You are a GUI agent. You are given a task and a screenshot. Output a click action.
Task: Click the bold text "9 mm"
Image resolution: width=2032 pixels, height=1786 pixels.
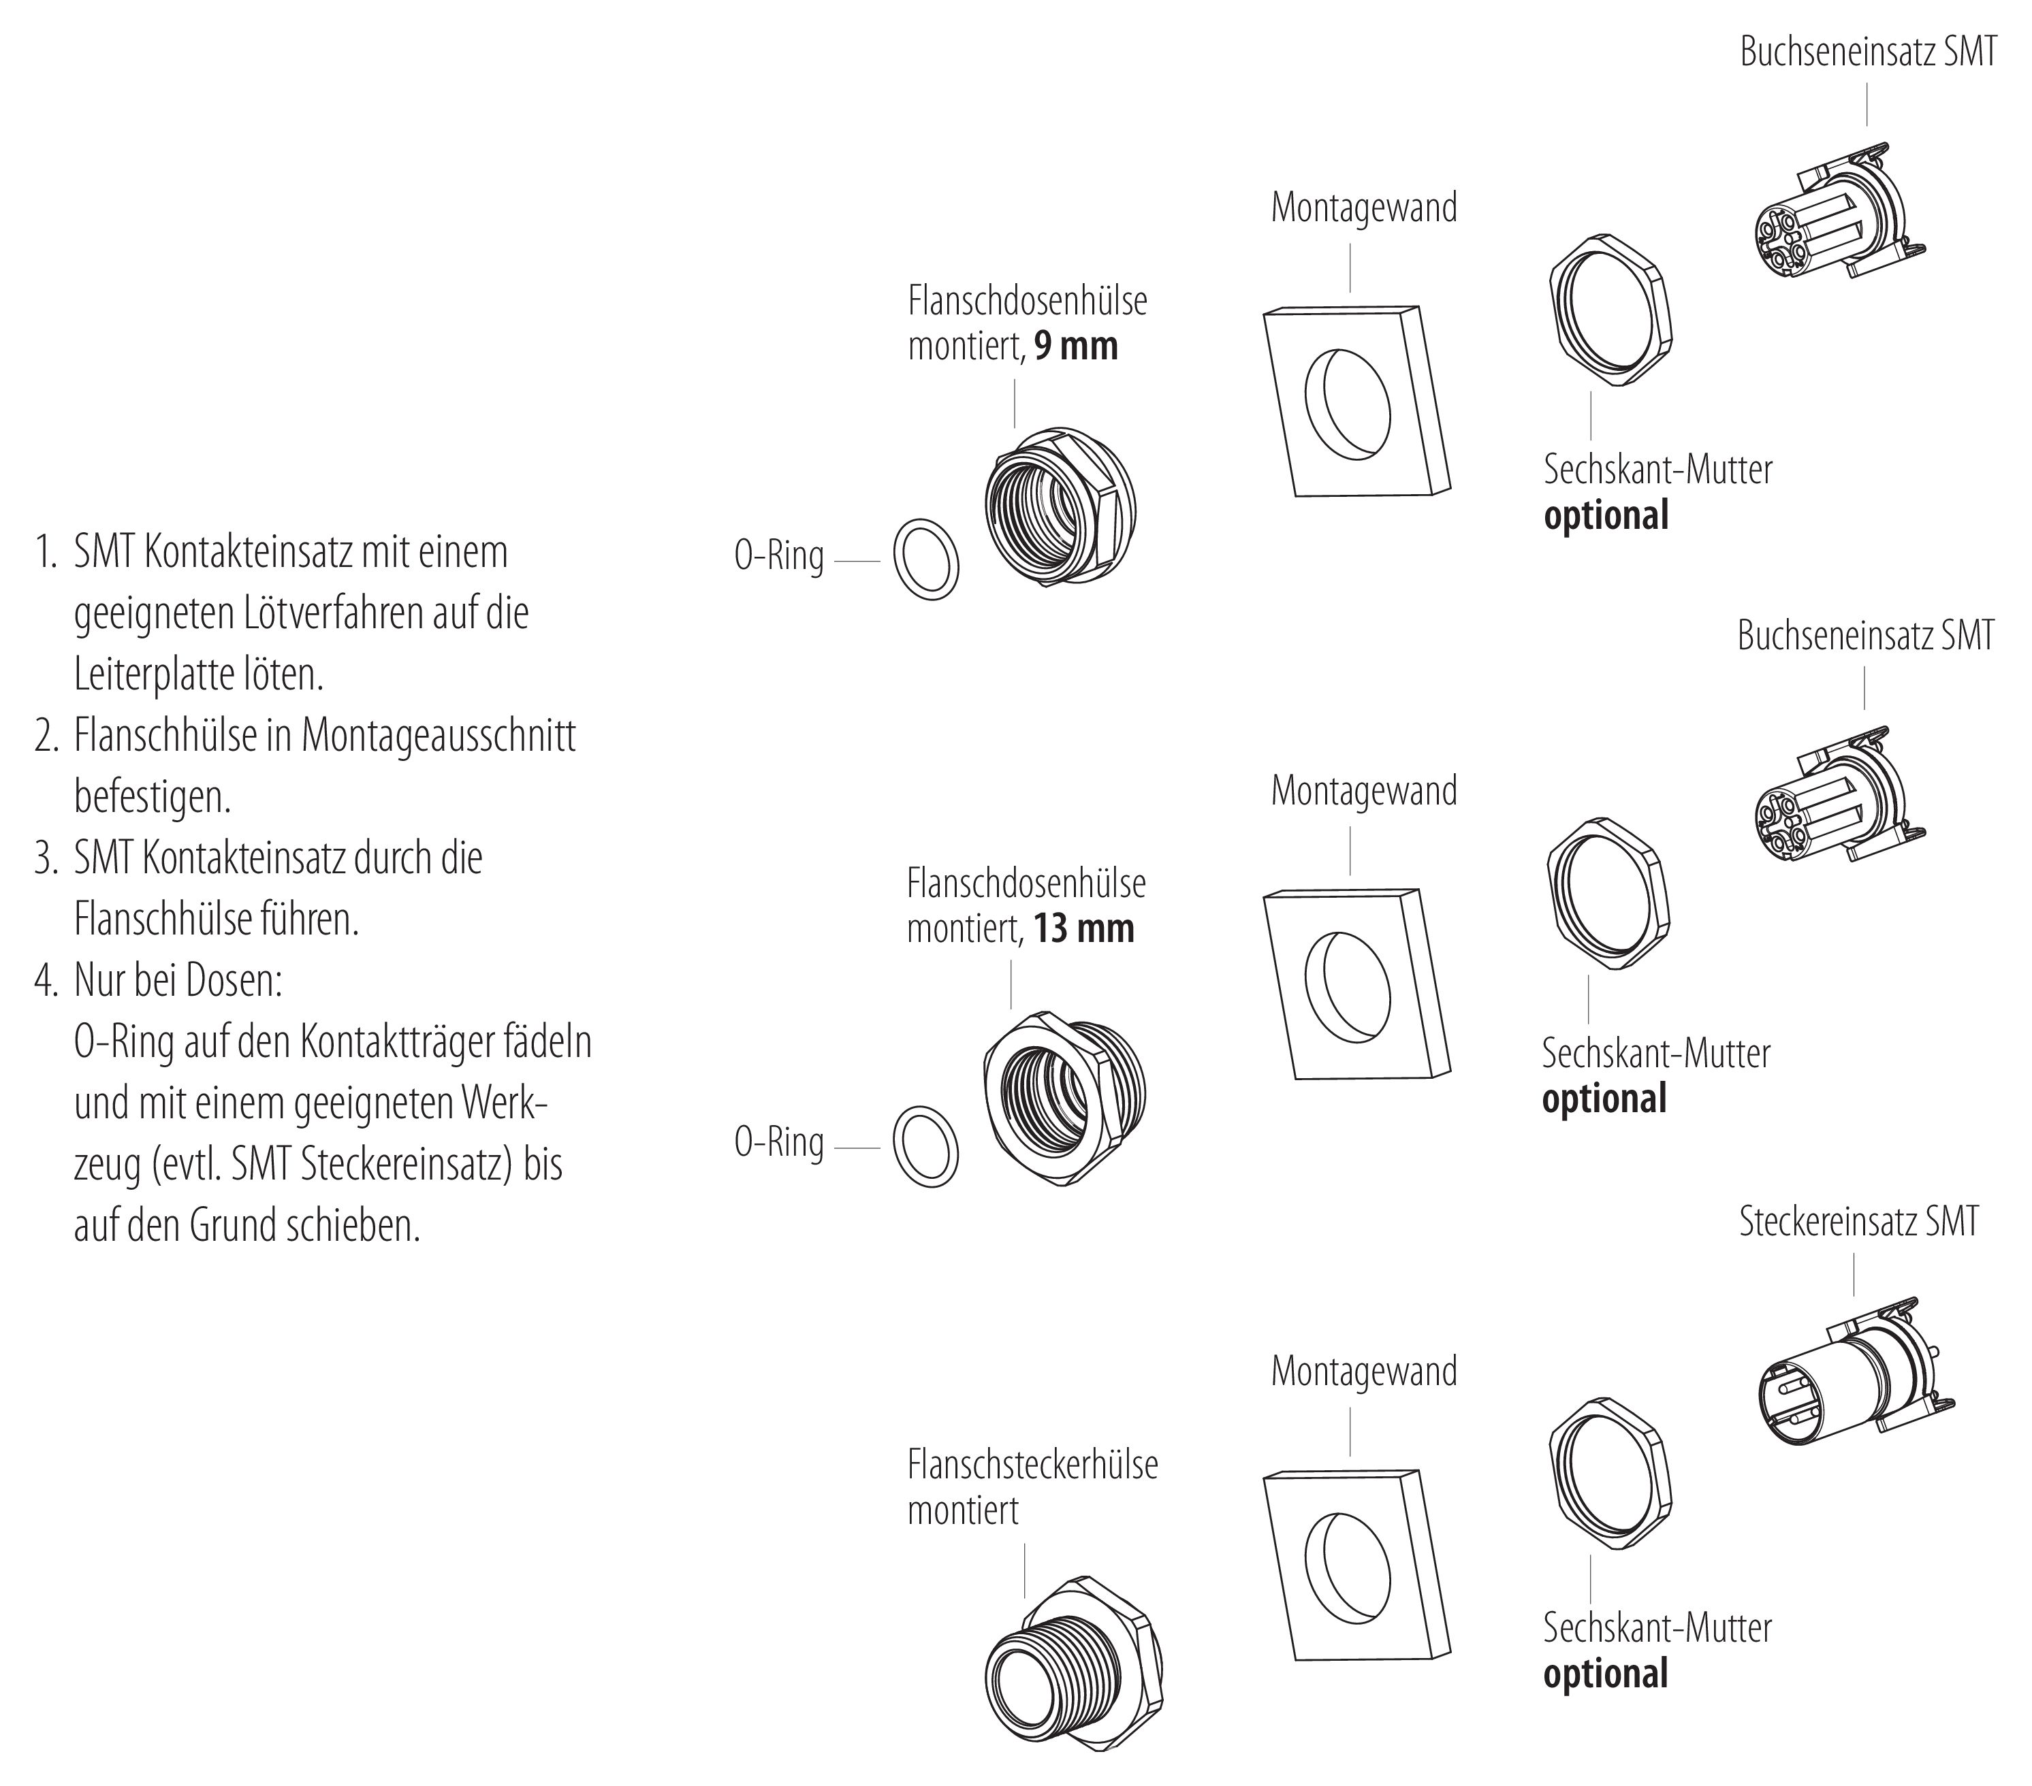click(1076, 347)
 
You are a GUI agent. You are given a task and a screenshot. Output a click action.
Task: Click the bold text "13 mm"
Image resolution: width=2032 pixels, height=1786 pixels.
click(1083, 929)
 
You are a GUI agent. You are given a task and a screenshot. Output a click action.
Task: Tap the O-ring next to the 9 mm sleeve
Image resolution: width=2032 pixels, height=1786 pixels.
click(927, 559)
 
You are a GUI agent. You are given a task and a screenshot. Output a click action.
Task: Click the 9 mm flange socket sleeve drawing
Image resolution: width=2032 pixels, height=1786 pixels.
click(1060, 507)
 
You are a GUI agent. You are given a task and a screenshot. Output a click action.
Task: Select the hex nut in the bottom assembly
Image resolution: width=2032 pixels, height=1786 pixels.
click(1610, 1475)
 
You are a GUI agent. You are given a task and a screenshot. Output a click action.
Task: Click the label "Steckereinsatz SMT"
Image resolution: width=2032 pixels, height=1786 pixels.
click(1858, 1222)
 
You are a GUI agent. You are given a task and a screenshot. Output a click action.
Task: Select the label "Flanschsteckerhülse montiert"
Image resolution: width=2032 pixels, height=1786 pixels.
click(1032, 1487)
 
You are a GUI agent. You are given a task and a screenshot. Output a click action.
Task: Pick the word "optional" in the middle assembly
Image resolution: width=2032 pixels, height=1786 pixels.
click(1604, 1099)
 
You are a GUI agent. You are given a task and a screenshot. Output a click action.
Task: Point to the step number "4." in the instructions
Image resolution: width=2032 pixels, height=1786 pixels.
click(47, 981)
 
